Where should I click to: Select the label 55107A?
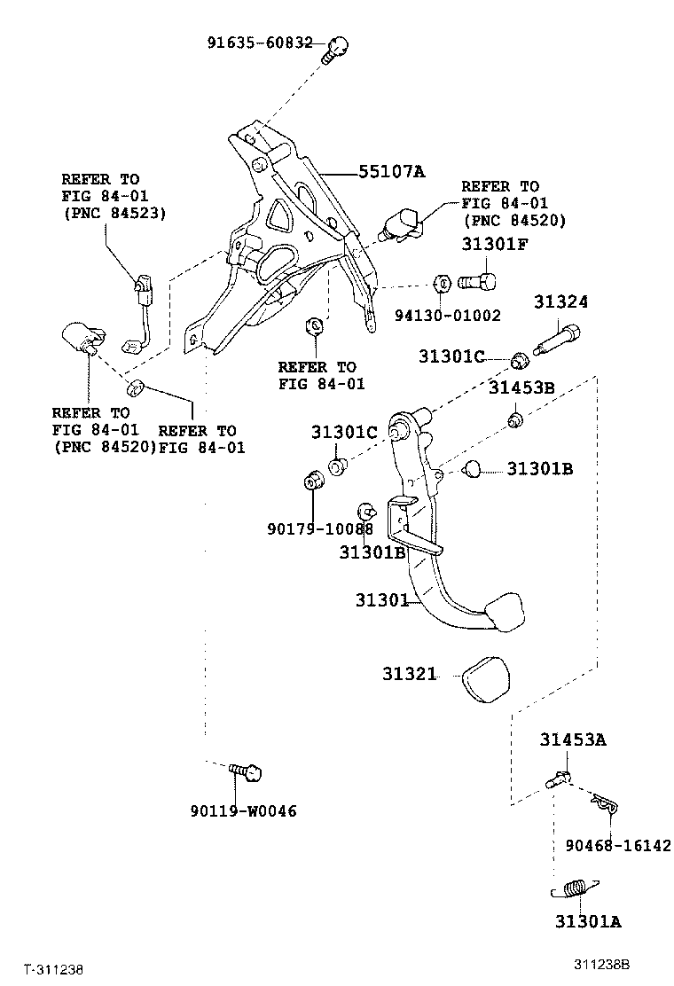[x=391, y=172]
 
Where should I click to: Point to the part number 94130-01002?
[x=448, y=315]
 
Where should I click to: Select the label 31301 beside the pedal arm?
[x=381, y=600]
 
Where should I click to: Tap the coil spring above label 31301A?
[x=576, y=888]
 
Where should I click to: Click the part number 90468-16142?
[x=617, y=845]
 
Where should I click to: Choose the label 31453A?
[x=574, y=739]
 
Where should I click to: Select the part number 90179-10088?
[x=319, y=528]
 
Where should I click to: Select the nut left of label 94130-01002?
[x=441, y=285]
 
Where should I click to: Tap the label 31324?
[x=560, y=302]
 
